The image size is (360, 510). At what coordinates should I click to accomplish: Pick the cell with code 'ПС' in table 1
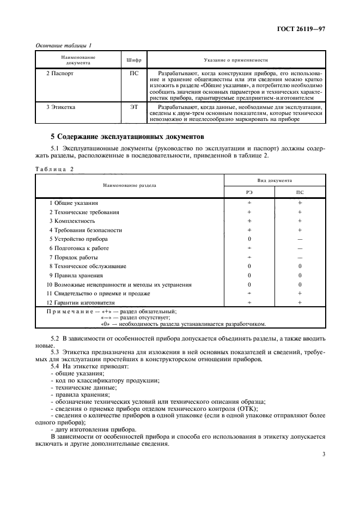click(x=134, y=72)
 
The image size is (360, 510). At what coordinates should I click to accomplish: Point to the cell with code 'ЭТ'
click(x=134, y=107)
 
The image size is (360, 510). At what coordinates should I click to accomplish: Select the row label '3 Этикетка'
click(x=61, y=107)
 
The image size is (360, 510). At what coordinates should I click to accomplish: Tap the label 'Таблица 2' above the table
click(x=54, y=168)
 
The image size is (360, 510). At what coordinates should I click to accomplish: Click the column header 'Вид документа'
click(x=274, y=180)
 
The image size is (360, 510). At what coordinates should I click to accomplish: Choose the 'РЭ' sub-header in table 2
click(x=249, y=192)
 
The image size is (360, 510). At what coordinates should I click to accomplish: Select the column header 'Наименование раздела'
click(x=130, y=185)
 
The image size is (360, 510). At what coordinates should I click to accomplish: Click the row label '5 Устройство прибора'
click(x=78, y=239)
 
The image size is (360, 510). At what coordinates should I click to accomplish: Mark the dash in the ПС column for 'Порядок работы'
click(x=300, y=257)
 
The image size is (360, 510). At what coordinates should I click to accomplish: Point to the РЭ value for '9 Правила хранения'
click(x=249, y=275)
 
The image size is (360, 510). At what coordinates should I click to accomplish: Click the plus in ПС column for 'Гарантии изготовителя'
click(x=300, y=302)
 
